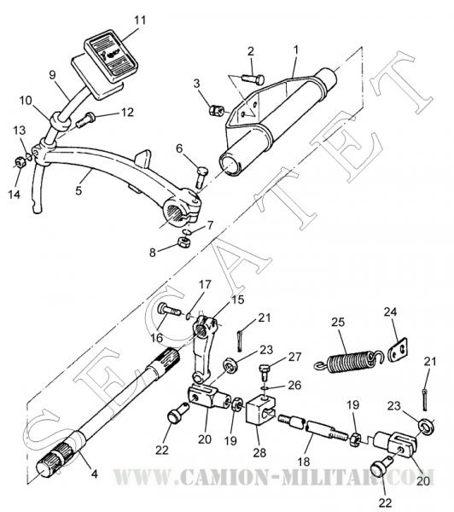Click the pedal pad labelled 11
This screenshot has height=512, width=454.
click(x=111, y=55)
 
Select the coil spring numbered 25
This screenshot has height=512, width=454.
click(x=348, y=361)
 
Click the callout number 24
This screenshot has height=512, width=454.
click(x=390, y=311)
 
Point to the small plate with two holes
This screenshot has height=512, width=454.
click(x=398, y=349)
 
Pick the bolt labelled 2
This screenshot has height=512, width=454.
click(x=253, y=79)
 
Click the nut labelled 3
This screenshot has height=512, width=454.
click(x=215, y=110)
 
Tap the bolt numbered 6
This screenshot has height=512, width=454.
click(x=201, y=177)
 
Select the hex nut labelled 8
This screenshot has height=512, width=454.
click(x=183, y=242)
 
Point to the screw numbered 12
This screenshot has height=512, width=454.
click(x=85, y=119)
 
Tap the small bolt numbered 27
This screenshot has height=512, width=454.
click(x=265, y=371)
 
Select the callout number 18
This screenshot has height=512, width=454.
click(x=304, y=462)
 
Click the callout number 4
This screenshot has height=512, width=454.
click(x=94, y=473)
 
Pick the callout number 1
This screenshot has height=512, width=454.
click(x=296, y=50)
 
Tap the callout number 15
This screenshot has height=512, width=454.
click(x=237, y=300)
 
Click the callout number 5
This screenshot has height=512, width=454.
click(x=79, y=190)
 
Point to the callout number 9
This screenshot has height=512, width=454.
click(x=53, y=75)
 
